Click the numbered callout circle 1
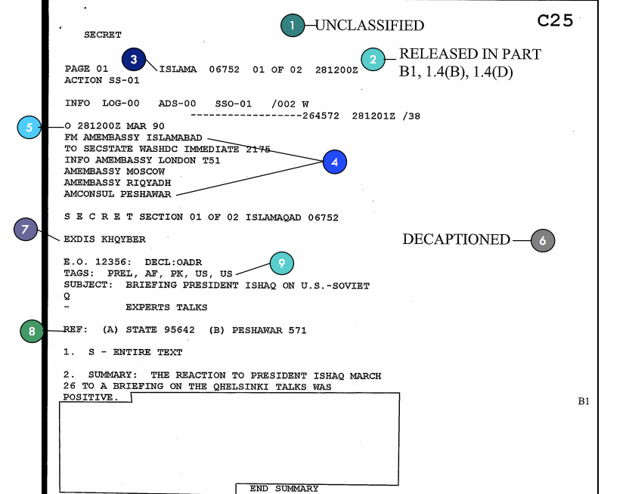(292, 26)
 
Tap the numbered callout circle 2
(372, 59)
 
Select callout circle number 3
(134, 59)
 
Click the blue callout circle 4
(334, 162)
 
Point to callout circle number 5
(29, 128)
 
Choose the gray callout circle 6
(543, 240)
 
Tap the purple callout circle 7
(26, 230)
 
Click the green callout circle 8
(32, 331)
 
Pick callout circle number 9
(281, 263)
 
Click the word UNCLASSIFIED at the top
(370, 26)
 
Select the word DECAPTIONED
(456, 240)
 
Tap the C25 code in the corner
(556, 20)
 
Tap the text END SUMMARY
(284, 489)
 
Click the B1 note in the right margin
(584, 402)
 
